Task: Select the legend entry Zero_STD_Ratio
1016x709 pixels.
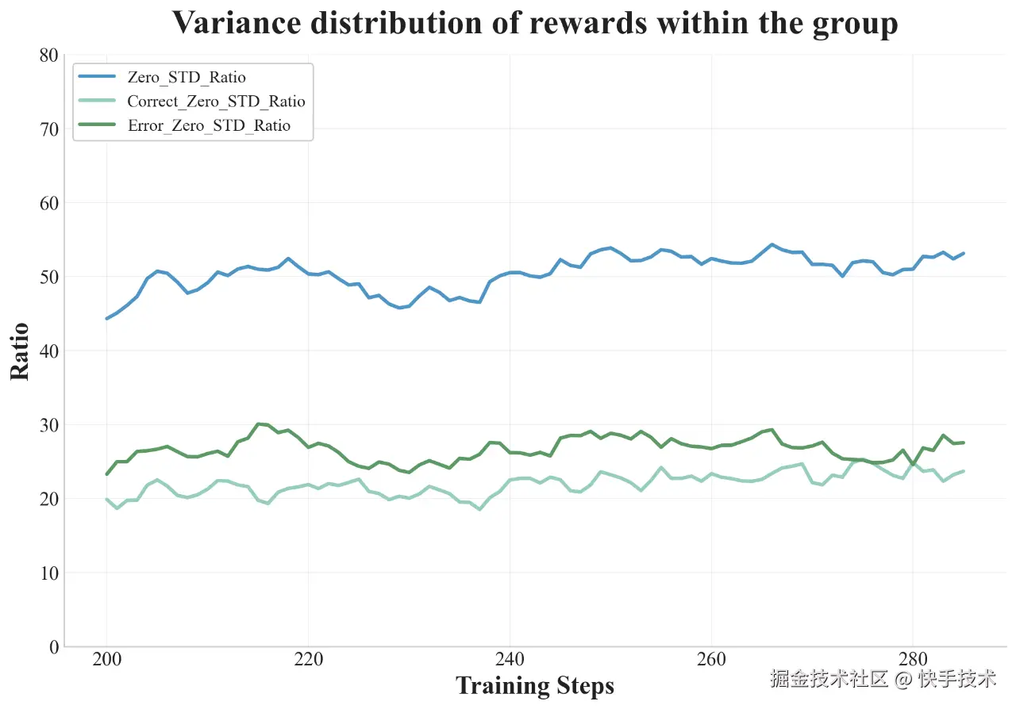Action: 187,77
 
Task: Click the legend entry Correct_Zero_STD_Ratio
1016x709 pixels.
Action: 216,102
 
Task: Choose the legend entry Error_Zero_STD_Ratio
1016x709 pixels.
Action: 209,125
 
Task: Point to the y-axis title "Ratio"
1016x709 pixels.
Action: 21,351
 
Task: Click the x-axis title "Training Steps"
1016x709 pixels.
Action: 535,685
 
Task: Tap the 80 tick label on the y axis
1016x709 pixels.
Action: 48,56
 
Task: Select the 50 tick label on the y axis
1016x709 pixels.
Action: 48,277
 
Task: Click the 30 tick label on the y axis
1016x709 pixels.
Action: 48,425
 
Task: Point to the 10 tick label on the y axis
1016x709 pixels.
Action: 48,573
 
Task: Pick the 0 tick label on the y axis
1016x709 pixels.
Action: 53,647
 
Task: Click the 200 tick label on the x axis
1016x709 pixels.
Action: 106,660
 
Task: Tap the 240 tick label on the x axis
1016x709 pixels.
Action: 510,660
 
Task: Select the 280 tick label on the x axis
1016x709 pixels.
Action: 912,660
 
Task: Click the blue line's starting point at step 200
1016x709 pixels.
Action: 106,318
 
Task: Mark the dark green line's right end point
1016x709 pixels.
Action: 963,443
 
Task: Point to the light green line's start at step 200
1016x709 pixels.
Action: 106,499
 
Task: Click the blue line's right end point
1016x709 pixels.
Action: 963,254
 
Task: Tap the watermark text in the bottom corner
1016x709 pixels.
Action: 882,679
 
